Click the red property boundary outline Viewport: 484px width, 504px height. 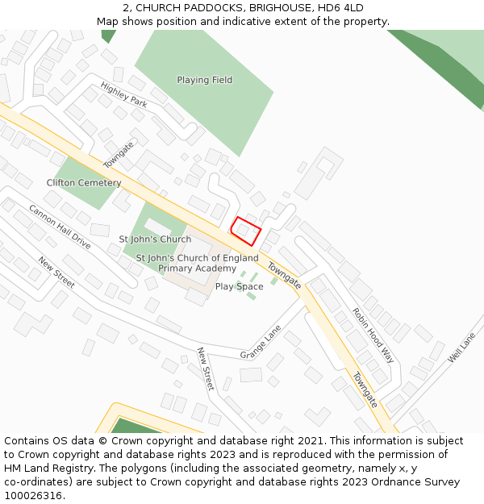[x=247, y=231]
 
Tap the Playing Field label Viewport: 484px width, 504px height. [x=204, y=80]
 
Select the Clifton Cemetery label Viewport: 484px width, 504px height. [x=84, y=183]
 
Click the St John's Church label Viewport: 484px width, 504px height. [x=155, y=240]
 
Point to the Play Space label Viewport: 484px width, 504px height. [x=239, y=286]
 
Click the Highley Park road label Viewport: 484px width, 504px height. [x=123, y=95]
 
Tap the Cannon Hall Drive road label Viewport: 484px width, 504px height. [x=60, y=226]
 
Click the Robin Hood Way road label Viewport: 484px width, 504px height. [x=373, y=334]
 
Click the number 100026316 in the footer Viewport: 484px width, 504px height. [x=32, y=496]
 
